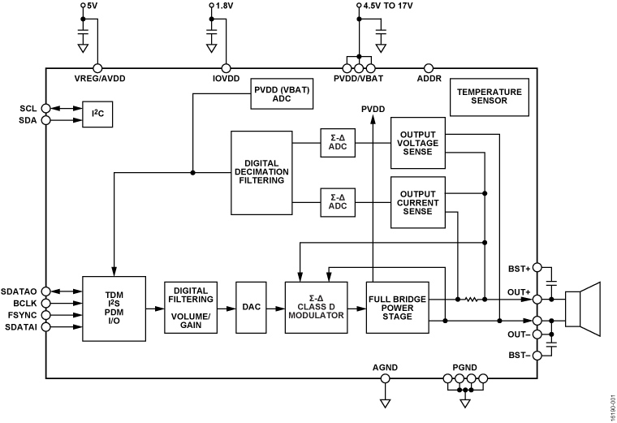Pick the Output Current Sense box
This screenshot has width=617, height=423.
click(418, 201)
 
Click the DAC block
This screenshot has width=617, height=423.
click(252, 307)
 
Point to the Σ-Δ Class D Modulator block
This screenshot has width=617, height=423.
click(315, 307)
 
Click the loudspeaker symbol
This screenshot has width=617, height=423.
click(585, 309)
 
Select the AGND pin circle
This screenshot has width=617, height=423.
click(386, 378)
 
